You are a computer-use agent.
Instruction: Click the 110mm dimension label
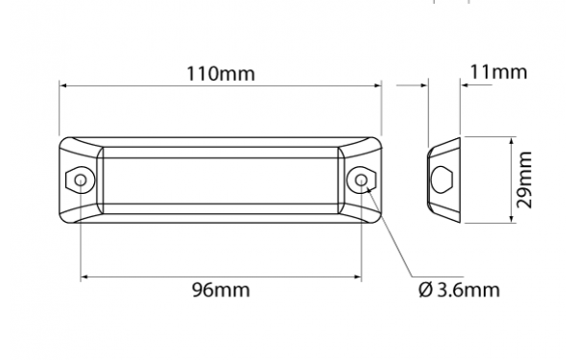[221, 74]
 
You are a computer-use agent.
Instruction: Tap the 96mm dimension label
[221, 290]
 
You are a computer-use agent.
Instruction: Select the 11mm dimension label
[498, 72]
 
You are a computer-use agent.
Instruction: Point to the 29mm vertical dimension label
[524, 180]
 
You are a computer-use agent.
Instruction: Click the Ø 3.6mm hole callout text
[459, 290]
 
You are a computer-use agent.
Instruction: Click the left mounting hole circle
[81, 180]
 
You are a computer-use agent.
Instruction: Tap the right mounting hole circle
[361, 180]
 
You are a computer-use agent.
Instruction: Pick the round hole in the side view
[442, 180]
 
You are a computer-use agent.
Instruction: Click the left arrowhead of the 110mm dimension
[62, 85]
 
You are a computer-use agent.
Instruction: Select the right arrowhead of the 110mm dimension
[377, 85]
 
